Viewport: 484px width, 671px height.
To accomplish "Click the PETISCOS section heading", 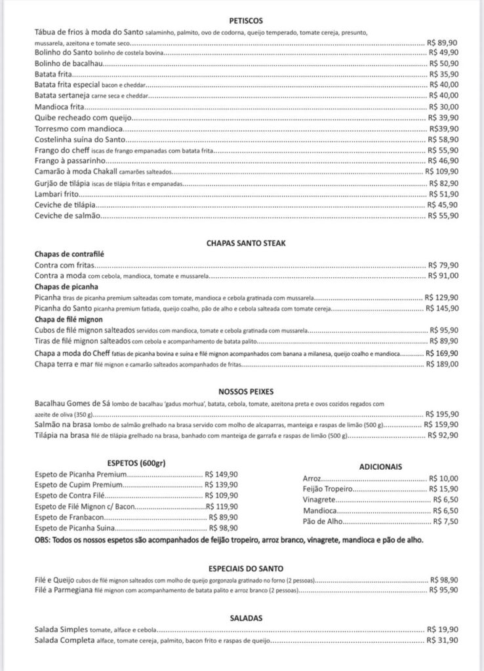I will coord(243,20).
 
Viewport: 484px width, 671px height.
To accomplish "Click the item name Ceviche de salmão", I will coord(68,215).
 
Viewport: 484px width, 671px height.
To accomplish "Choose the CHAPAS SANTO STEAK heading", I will coord(242,243).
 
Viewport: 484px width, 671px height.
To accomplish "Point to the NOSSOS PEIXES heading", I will coord(242,392).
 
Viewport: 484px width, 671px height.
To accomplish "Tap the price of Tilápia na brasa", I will coord(443,435).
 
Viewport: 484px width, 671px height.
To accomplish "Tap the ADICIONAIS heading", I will coord(380,467).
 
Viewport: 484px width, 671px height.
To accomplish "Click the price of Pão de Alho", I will coord(446,521).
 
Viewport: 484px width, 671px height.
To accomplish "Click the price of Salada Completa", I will coord(443,640).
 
